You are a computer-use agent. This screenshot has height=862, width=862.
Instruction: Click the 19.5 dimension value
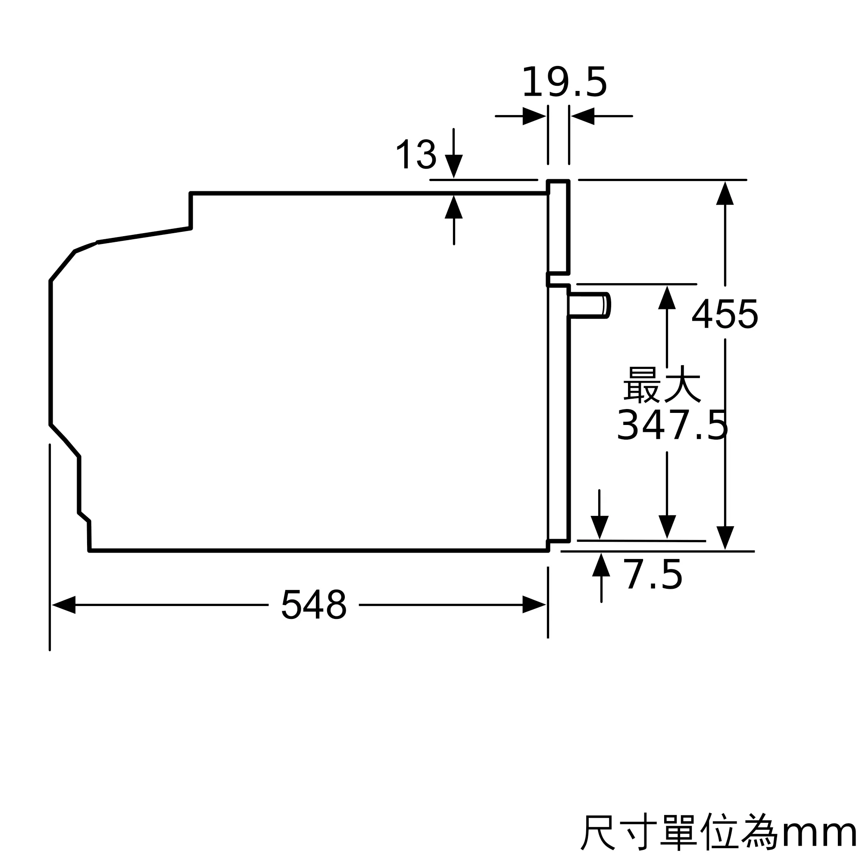click(565, 82)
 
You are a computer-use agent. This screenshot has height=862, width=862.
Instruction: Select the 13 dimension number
click(416, 154)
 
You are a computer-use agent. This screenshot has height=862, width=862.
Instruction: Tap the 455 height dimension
click(725, 314)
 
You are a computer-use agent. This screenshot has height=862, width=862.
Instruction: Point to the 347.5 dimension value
click(672, 425)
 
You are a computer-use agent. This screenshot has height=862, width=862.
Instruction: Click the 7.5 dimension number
click(653, 575)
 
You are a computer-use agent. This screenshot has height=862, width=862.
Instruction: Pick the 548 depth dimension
click(314, 604)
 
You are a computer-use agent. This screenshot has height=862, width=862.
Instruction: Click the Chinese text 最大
click(662, 384)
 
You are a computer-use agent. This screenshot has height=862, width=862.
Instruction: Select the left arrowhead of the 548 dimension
click(64, 605)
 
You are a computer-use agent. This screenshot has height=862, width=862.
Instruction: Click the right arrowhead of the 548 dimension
click(534, 605)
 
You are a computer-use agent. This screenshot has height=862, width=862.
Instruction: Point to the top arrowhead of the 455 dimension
click(725, 193)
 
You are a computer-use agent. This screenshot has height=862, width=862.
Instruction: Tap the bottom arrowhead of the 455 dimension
click(725, 538)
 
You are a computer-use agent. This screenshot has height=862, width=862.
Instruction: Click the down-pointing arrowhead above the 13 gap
click(454, 166)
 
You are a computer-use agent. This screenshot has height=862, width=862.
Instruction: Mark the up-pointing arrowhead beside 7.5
click(601, 565)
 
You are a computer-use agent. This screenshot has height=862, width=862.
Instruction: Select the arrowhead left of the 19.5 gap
click(534, 116)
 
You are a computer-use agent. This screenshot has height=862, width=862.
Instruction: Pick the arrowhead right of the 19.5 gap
click(583, 116)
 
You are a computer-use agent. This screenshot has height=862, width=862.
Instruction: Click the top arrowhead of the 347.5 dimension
click(667, 297)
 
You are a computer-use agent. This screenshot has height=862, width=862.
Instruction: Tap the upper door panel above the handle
click(559, 227)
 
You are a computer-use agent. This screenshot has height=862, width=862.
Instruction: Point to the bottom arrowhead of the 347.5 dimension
click(667, 527)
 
